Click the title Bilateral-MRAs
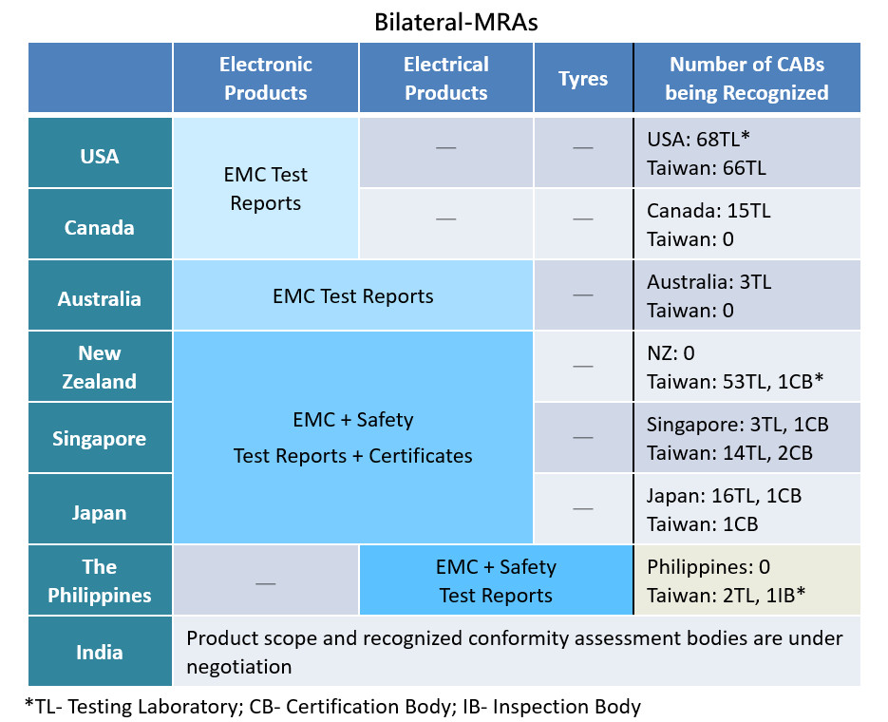click(x=456, y=22)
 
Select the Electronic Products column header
click(x=266, y=78)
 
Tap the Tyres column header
click(x=583, y=79)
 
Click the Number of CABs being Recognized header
click(x=746, y=78)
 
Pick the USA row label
click(x=100, y=157)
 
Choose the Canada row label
click(x=99, y=228)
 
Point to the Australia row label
click(x=99, y=298)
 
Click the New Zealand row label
click(x=99, y=367)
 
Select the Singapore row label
click(x=99, y=439)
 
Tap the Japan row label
click(x=99, y=513)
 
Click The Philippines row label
click(x=99, y=581)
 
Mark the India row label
click(x=99, y=653)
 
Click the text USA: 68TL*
click(x=698, y=139)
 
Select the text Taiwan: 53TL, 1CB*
click(x=735, y=382)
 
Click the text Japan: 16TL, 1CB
click(x=725, y=496)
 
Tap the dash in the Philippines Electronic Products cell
click(x=266, y=583)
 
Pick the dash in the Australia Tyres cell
click(x=583, y=295)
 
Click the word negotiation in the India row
click(x=239, y=667)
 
